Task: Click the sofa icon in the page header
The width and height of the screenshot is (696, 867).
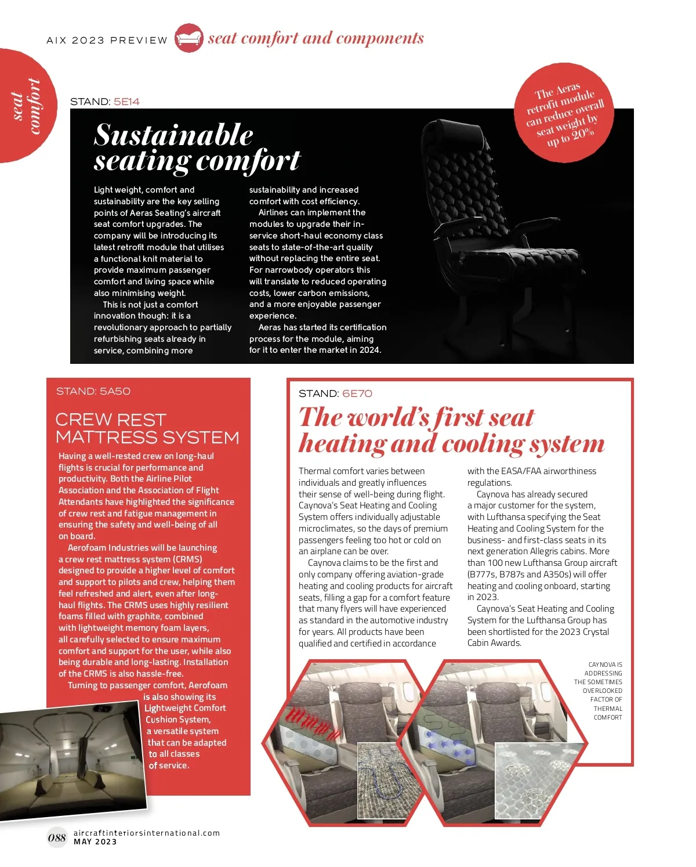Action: [188, 38]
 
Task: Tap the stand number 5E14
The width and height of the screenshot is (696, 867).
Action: [126, 102]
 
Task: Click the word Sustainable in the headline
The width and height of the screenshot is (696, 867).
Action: [173, 135]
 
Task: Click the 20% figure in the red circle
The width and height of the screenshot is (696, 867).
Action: [582, 134]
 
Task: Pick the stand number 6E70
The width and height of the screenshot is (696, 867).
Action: [357, 393]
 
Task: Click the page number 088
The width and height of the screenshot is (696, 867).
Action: [57, 837]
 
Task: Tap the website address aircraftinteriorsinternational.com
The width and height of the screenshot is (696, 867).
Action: [147, 833]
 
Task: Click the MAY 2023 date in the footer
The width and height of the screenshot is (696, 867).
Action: [95, 842]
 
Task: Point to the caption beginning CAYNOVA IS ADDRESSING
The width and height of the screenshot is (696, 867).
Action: [600, 691]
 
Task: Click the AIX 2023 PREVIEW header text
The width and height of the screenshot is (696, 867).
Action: [107, 40]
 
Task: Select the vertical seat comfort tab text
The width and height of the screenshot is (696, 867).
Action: [26, 106]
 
